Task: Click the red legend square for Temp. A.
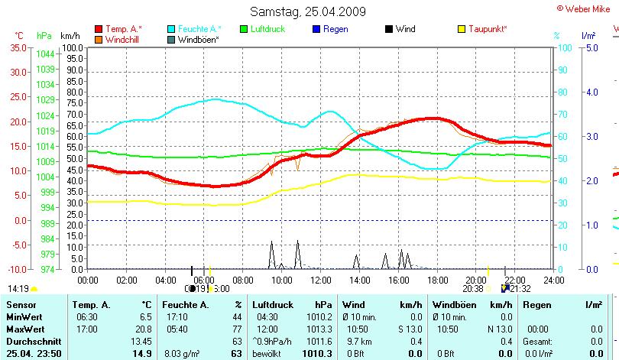pos(99,29)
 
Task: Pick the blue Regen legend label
pos(335,29)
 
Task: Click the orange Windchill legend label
pos(122,39)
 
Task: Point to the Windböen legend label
pos(199,39)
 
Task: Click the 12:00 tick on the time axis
pos(320,280)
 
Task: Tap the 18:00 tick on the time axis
pos(436,280)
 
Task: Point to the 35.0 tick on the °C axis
pos(18,47)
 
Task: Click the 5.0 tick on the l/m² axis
pos(591,47)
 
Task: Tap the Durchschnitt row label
pos(31,341)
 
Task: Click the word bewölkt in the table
pos(268,354)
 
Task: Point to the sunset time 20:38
pos(473,289)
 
